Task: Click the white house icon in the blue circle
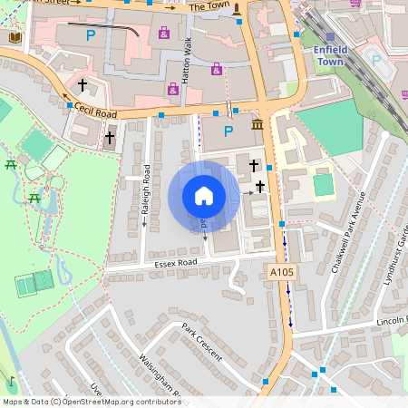[204, 196]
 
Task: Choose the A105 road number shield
[282, 272]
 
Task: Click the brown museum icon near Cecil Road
[257, 123]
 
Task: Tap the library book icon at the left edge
[15, 37]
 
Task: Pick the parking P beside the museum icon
[228, 131]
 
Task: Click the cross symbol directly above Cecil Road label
[83, 85]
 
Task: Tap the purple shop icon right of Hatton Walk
[217, 69]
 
